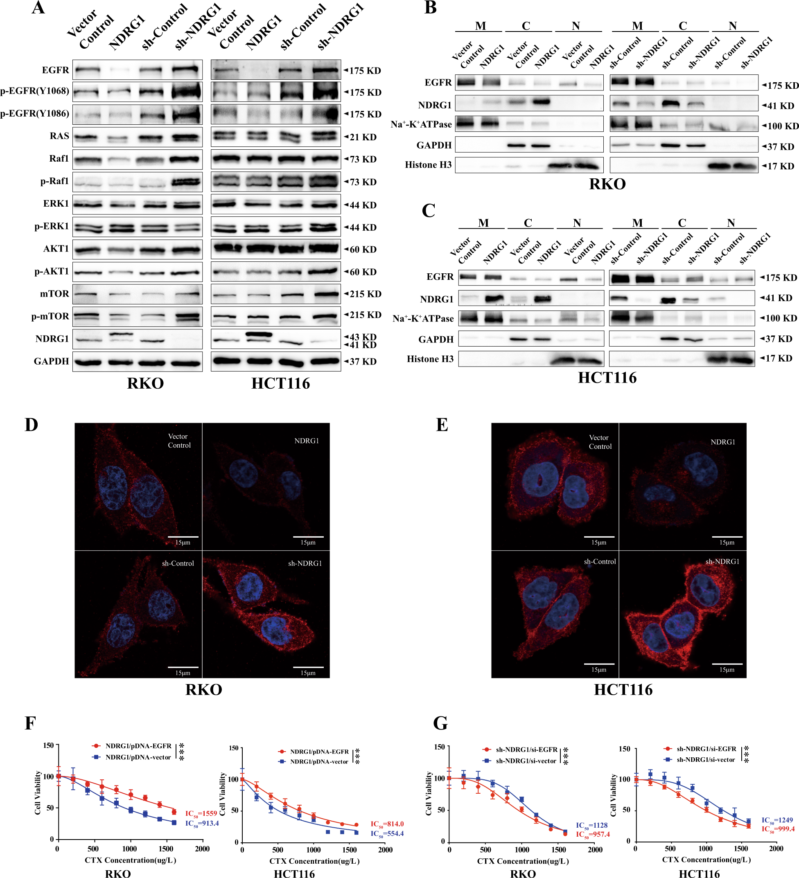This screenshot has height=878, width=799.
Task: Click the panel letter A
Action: click(x=38, y=8)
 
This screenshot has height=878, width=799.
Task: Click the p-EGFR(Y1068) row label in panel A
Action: click(x=35, y=91)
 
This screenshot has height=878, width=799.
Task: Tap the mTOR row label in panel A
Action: click(x=54, y=294)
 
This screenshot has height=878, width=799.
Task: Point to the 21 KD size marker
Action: click(x=363, y=137)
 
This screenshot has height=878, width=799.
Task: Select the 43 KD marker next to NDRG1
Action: click(x=363, y=337)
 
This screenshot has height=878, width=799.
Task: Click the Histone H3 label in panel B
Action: click(x=428, y=165)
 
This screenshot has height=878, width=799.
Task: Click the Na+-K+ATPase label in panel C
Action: click(x=423, y=319)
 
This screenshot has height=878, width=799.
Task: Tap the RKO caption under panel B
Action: click(x=607, y=184)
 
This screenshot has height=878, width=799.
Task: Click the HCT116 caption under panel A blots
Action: click(x=280, y=384)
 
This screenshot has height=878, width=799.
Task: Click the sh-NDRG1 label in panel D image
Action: click(x=305, y=563)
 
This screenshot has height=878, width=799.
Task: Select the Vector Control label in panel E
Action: click(x=600, y=442)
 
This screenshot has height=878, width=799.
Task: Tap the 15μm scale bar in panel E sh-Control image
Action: click(x=599, y=667)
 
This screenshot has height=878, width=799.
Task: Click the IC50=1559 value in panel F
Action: click(x=201, y=813)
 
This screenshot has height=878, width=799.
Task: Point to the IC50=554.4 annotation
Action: click(x=387, y=833)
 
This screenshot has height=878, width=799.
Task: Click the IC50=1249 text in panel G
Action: click(x=777, y=820)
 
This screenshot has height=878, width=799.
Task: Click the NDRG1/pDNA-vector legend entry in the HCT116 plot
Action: click(x=319, y=762)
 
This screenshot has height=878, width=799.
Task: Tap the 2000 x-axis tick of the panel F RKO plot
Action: click(x=202, y=849)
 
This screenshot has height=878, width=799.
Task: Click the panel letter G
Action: click(x=440, y=723)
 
